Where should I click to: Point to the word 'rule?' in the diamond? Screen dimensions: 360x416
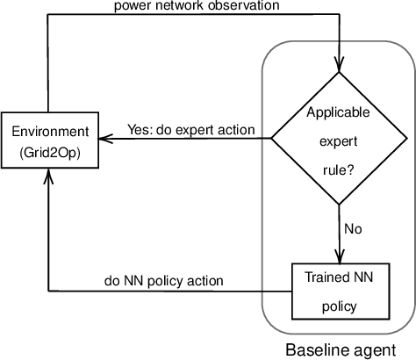pos(338,171)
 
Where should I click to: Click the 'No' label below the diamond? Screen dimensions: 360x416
pos(352,229)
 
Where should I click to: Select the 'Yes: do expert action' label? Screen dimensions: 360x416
pos(191,130)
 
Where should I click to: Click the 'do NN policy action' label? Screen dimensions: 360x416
pos(163,281)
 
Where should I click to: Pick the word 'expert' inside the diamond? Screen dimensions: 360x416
pos(338,141)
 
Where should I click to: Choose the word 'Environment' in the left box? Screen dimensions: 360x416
pos(49,131)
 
